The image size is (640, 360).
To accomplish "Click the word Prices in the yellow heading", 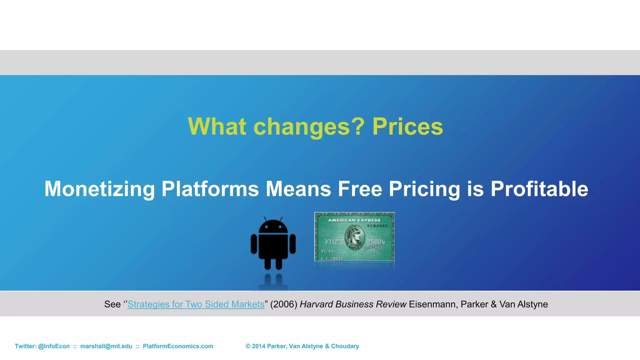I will click(x=407, y=127).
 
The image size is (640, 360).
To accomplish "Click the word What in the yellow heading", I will click(x=217, y=127).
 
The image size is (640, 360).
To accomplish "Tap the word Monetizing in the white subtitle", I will click(x=99, y=189).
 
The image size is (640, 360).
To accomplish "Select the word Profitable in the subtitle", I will click(x=539, y=189).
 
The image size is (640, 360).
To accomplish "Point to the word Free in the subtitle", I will click(x=360, y=189).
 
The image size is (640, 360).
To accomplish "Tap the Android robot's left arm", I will click(x=254, y=244).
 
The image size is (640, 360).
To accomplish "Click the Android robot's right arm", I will click(x=292, y=244).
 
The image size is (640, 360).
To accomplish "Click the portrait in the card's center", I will click(x=354, y=237).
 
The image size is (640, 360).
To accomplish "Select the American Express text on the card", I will click(x=354, y=220).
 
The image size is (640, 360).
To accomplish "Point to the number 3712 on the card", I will click(x=331, y=242).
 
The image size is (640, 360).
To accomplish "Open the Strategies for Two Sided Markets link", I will click(x=196, y=304).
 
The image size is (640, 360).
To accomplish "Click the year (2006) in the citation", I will click(x=284, y=304).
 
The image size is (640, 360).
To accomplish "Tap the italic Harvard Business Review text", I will click(x=353, y=304).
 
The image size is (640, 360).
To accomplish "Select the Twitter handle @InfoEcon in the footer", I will click(x=54, y=346).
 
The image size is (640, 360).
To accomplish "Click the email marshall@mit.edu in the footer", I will click(x=106, y=346).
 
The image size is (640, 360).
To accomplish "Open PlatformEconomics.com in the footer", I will click(x=178, y=346).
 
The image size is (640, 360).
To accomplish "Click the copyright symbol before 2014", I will click(x=248, y=346).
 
